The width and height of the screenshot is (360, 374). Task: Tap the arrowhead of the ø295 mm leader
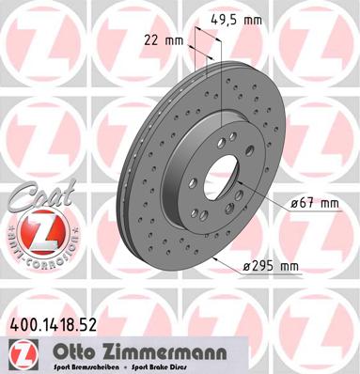point(215,258)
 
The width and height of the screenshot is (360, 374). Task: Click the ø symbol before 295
point(247,267)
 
